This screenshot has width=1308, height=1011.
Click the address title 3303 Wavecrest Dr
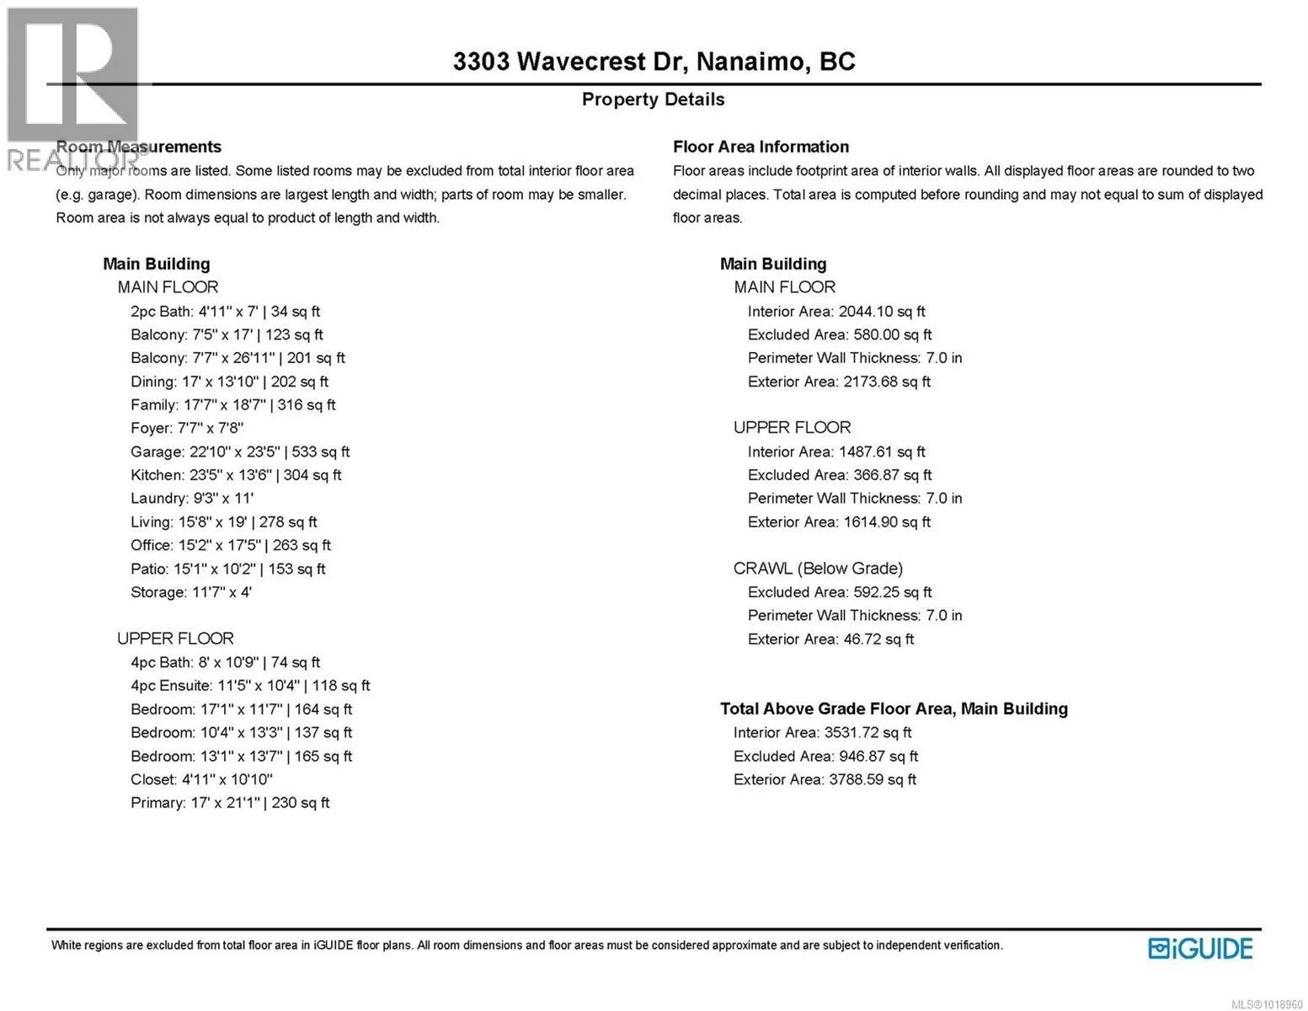[654, 62]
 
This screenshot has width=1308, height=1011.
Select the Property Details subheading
[653, 99]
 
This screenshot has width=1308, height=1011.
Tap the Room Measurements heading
[139, 147]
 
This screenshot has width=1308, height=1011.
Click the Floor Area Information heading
[761, 147]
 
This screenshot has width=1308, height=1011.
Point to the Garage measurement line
[240, 452]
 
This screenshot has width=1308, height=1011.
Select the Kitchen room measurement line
[236, 475]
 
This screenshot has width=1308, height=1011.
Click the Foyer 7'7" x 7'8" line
[187, 429]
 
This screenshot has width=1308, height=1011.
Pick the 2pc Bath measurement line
[225, 312]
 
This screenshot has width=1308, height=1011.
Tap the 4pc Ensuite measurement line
[250, 686]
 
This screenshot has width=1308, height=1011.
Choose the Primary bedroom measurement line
[230, 803]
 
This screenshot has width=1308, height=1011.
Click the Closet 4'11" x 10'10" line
[201, 779]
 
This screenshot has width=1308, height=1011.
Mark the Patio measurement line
[227, 569]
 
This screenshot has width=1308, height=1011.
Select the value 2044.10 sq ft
[881, 312]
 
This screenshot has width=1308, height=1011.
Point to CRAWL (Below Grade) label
[818, 569]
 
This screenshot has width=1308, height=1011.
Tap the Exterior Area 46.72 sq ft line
[830, 639]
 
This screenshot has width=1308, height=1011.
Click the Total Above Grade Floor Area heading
[894, 709]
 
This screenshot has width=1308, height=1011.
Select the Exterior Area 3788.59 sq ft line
[825, 780]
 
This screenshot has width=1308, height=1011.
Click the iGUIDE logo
[1200, 949]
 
